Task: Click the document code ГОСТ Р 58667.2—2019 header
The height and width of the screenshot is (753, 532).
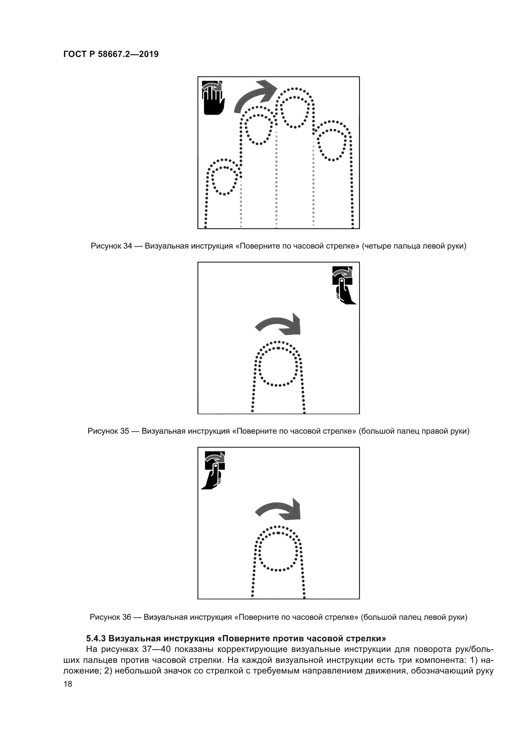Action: pos(111,54)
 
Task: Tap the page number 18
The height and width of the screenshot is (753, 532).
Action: pos(68,684)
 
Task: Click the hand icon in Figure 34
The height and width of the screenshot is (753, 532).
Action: pos(213,98)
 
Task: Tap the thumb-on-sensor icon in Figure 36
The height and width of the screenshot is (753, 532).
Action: pos(214,470)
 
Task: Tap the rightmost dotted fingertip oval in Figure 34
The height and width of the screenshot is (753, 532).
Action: pos(332,145)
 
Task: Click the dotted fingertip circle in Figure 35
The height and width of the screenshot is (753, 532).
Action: pos(278,366)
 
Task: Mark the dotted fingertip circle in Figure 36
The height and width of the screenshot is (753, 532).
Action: pos(278,552)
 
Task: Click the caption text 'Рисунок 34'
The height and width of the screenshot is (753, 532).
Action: pos(111,246)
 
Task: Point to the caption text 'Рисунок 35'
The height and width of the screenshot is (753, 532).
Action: pos(108,431)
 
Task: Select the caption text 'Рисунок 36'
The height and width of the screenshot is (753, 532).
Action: pos(110,617)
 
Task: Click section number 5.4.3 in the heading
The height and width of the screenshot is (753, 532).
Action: pos(96,638)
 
